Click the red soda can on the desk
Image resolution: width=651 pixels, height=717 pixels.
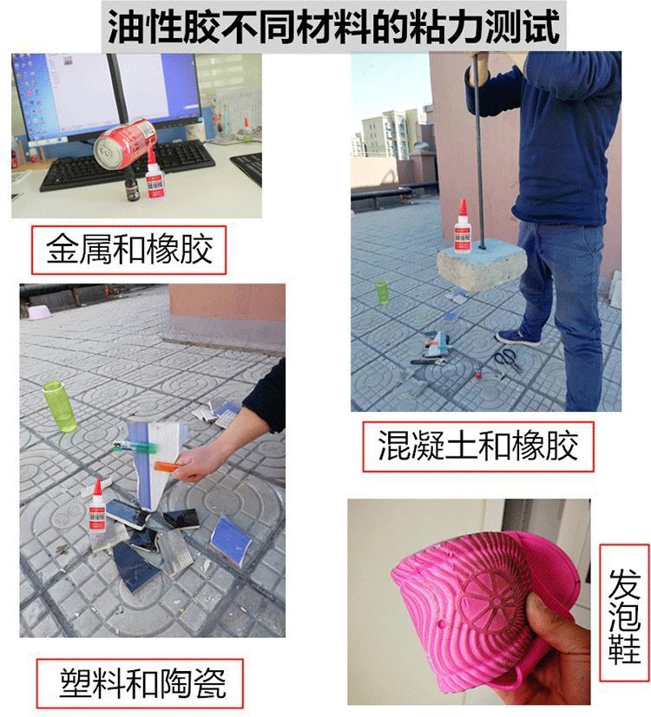[126, 143]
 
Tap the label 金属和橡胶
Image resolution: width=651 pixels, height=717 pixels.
[129, 250]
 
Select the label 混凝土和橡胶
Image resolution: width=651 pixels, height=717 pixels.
[477, 446]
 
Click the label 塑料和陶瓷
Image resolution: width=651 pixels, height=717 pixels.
[143, 683]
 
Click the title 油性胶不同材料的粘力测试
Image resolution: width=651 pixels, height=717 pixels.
[333, 26]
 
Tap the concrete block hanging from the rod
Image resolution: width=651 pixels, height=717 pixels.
[482, 265]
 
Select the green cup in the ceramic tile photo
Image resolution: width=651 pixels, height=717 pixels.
[59, 406]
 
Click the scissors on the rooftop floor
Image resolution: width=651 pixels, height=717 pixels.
[506, 360]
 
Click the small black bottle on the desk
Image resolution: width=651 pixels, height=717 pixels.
[132, 186]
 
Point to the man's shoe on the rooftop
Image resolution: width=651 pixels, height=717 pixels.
[516, 337]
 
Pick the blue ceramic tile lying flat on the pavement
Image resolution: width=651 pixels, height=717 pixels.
[230, 540]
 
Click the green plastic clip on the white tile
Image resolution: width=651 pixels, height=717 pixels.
[136, 446]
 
